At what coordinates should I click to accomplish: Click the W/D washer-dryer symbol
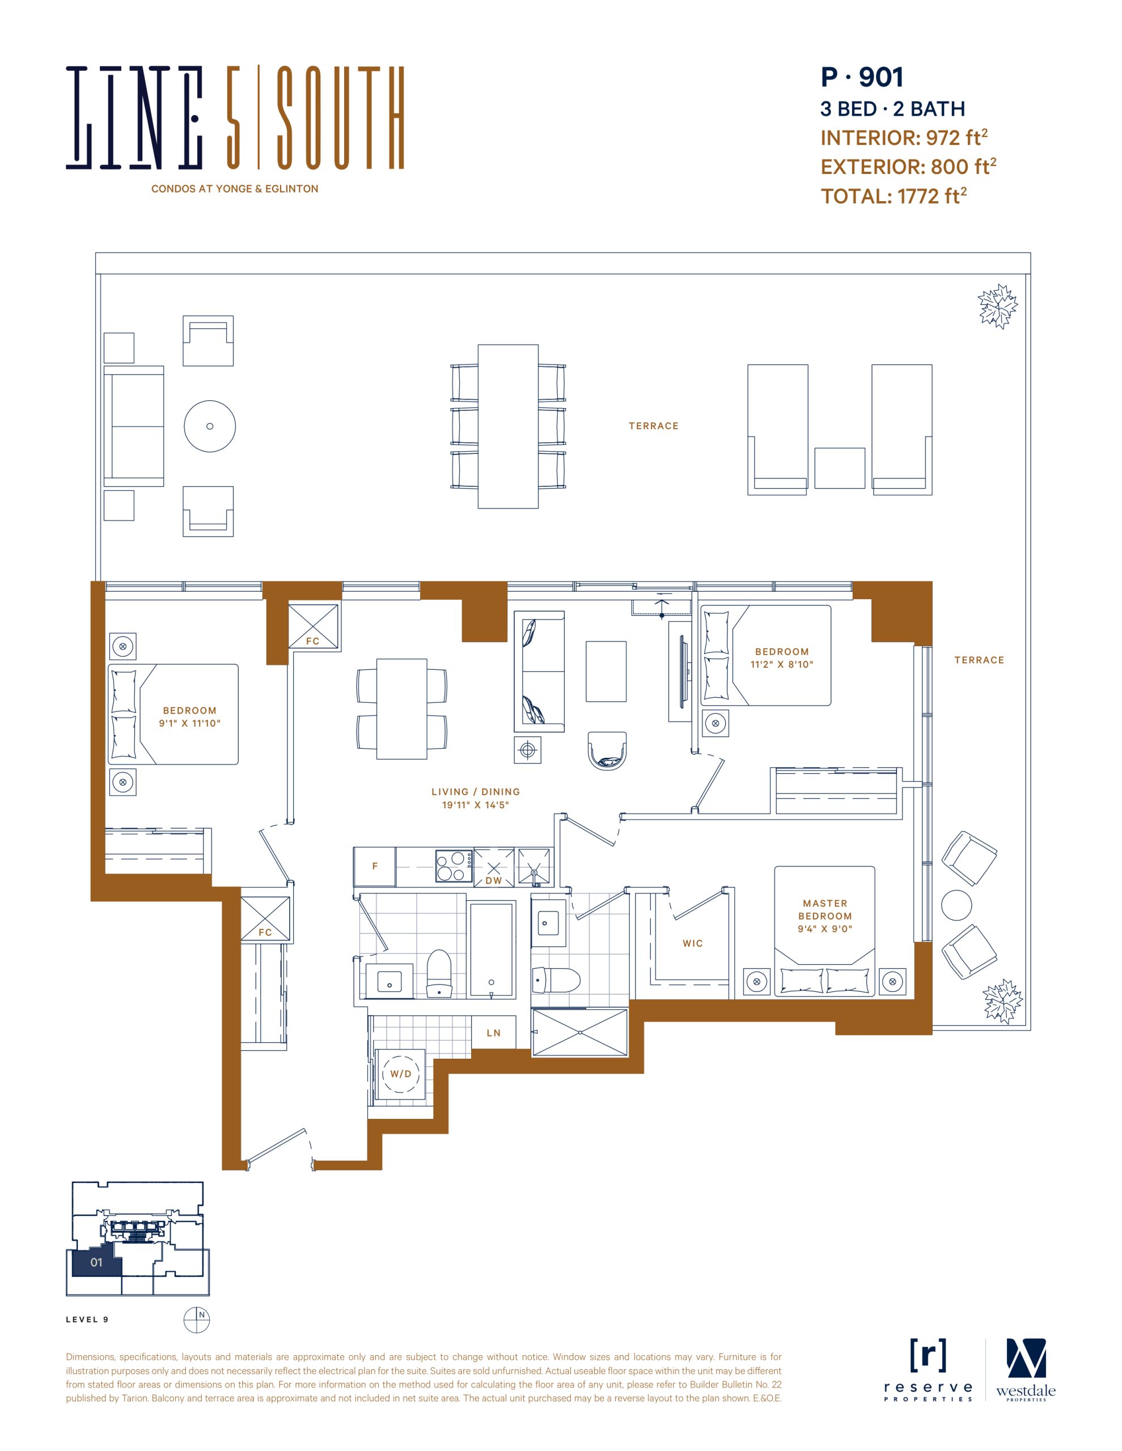click(x=400, y=1074)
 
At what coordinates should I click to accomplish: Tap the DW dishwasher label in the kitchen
click(x=494, y=880)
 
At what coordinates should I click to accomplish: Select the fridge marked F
click(x=375, y=866)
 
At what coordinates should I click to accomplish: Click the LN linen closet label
click(x=493, y=1033)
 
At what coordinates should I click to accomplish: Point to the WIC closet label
click(x=693, y=943)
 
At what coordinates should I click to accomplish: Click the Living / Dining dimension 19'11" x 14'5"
click(x=475, y=804)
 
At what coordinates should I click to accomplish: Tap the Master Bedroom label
click(x=825, y=910)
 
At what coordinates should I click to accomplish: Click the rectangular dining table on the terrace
click(x=508, y=427)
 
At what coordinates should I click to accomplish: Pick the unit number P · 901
click(x=862, y=77)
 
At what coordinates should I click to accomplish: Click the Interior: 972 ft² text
click(x=904, y=138)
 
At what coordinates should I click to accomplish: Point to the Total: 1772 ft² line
click(x=894, y=196)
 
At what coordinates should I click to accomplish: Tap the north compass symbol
click(x=197, y=1319)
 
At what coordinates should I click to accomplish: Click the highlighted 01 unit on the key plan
click(x=96, y=1262)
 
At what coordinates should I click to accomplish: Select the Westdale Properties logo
click(x=1026, y=1371)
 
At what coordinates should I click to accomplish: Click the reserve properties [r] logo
click(x=928, y=1369)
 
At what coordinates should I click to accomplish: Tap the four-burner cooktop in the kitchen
click(x=454, y=866)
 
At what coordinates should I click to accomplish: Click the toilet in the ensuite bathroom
click(x=556, y=979)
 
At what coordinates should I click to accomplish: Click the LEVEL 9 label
click(x=87, y=1320)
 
